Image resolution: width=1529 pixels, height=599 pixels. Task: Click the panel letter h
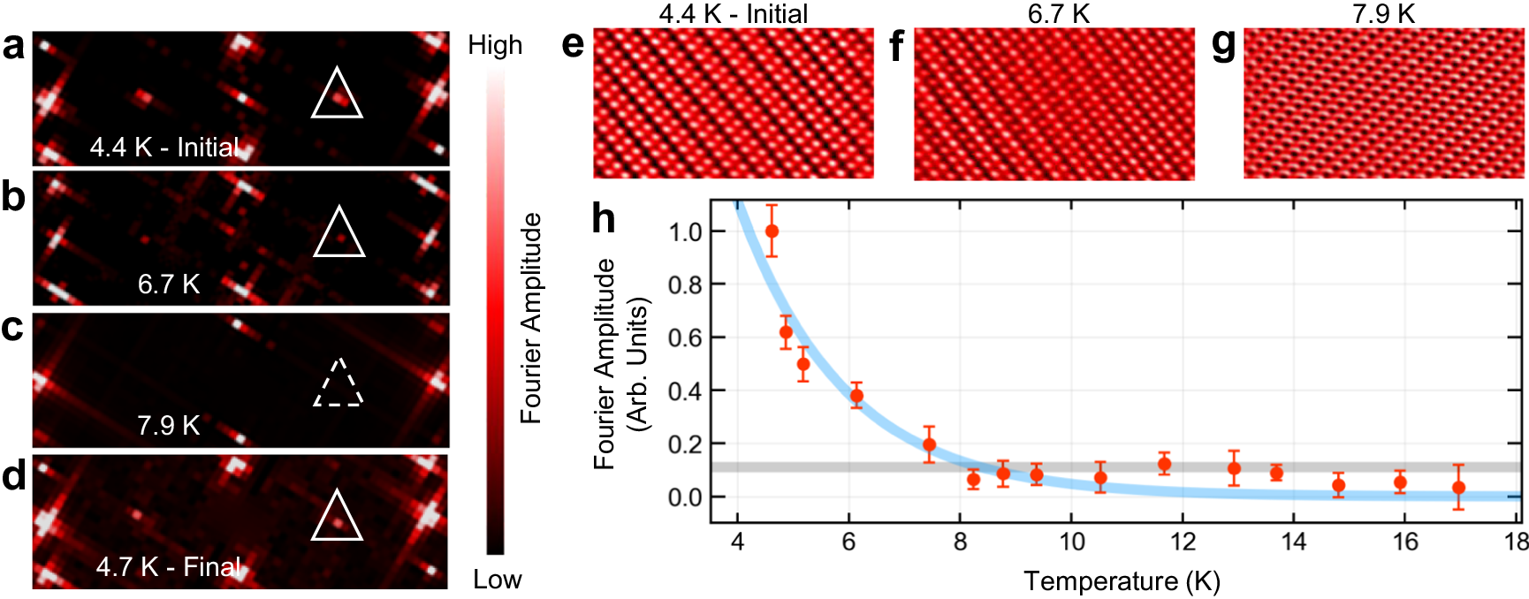[x=604, y=218]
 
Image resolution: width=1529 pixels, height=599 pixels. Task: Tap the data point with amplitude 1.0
[x=772, y=231]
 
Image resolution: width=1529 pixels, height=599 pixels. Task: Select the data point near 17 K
[x=1458, y=488]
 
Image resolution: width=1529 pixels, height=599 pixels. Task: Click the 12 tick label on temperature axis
[x=1183, y=542]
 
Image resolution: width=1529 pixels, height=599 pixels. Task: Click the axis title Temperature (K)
[x=1122, y=581]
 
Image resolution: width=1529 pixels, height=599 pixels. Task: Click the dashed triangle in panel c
[x=339, y=384]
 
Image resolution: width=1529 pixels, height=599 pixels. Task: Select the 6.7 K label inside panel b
[x=169, y=284]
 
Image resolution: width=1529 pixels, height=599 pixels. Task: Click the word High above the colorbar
[x=495, y=45]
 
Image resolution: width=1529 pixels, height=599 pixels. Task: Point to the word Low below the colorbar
[x=497, y=580]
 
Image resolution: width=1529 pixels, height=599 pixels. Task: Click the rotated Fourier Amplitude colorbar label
[x=530, y=318]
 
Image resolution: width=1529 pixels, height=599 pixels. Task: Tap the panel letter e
[x=573, y=44]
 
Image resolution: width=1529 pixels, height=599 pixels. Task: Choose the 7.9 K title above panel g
[x=1383, y=13]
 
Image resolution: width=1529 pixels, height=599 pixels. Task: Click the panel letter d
[x=13, y=475]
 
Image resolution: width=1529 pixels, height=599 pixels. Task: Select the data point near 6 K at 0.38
[x=856, y=396]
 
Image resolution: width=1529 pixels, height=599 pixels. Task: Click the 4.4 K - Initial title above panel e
[x=733, y=13]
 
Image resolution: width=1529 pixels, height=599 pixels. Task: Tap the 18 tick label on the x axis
[x=1517, y=542]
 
